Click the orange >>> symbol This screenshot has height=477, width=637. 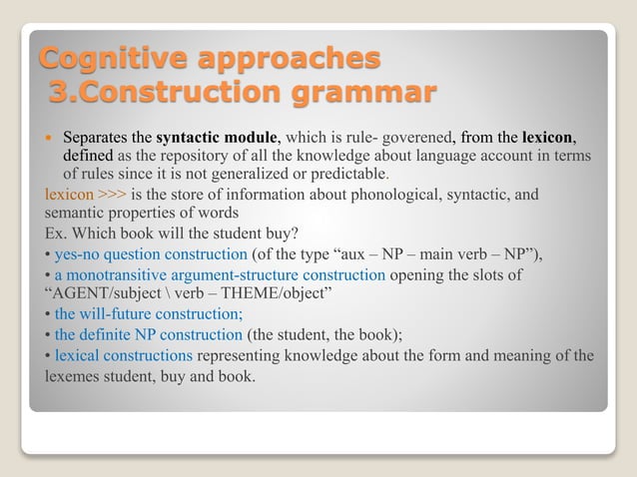pyautogui.click(x=113, y=194)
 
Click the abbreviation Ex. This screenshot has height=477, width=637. pyautogui.click(x=56, y=232)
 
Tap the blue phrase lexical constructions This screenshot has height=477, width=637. pyautogui.click(x=124, y=355)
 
